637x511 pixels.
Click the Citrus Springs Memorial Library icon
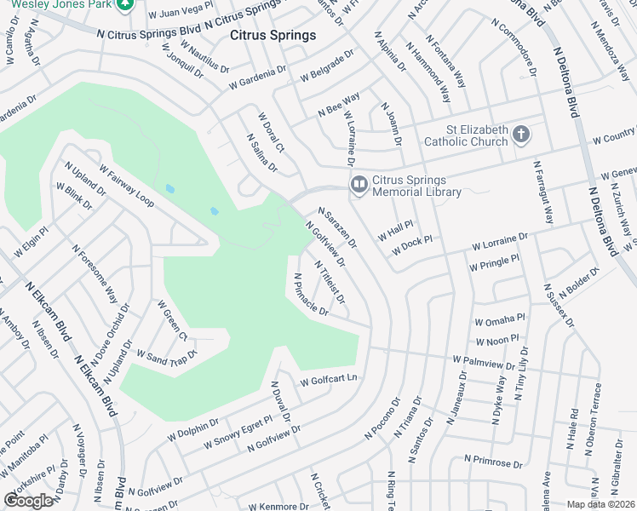(x=359, y=184)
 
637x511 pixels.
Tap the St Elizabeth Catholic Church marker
(x=521, y=135)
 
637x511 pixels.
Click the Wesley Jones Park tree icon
(x=125, y=3)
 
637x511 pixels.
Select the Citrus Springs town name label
(x=273, y=36)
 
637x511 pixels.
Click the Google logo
(x=28, y=501)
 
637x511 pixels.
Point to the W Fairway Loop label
(x=126, y=186)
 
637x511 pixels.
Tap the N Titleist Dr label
(x=330, y=282)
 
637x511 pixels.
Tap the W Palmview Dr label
(x=484, y=364)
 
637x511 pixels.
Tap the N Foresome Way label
(x=95, y=274)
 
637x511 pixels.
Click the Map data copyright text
(x=601, y=504)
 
